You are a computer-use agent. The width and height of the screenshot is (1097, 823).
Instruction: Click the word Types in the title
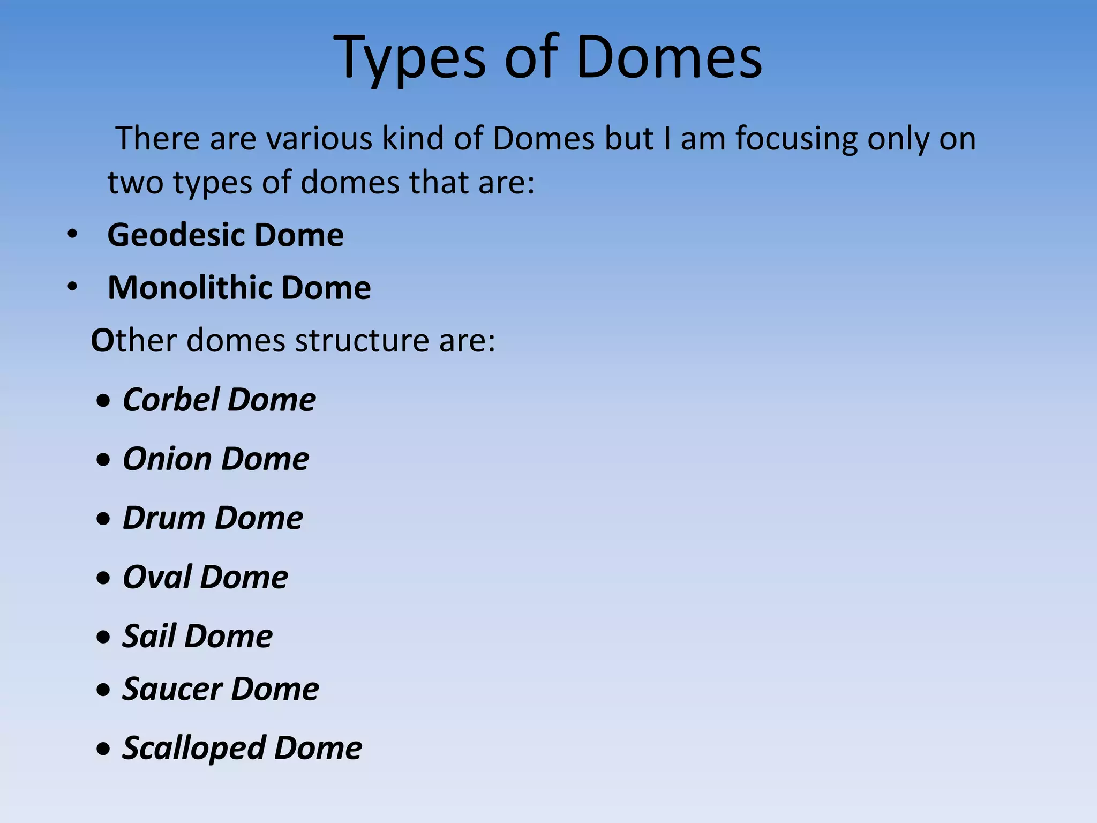tap(410, 58)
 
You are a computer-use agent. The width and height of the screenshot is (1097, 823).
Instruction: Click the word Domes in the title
tap(669, 58)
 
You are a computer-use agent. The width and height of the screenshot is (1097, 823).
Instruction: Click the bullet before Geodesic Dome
tap(72, 235)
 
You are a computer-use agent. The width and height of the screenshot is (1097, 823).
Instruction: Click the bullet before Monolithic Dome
tap(72, 287)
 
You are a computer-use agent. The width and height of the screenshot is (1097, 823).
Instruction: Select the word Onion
tap(168, 459)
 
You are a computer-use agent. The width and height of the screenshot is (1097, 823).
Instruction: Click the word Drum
tap(164, 518)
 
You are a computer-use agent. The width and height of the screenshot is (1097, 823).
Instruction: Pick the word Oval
tap(157, 577)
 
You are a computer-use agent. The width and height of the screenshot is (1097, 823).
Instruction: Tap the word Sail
tap(149, 637)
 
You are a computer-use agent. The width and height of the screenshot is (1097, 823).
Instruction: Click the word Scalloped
tap(194, 748)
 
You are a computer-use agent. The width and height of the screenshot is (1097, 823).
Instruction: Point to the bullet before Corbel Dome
tap(103, 401)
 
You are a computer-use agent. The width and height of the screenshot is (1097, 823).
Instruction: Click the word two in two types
tap(135, 183)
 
